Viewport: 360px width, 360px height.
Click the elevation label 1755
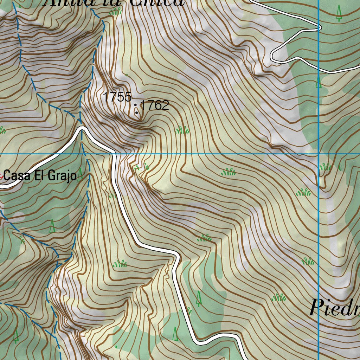click(x=117, y=97)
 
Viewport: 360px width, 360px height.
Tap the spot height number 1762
click(x=155, y=105)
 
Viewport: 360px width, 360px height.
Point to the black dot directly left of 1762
click(x=136, y=105)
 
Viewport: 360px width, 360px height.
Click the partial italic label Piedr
click(x=334, y=308)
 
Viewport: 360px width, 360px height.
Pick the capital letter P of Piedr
click(x=316, y=308)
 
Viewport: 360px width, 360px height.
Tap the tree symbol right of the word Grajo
click(x=81, y=174)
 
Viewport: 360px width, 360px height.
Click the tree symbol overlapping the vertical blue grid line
click(x=319, y=83)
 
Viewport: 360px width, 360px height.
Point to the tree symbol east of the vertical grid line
click(x=339, y=13)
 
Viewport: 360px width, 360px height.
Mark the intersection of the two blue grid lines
click(x=319, y=154)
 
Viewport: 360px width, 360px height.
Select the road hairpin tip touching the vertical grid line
click(x=319, y=27)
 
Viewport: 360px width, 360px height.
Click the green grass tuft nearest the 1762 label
click(x=182, y=130)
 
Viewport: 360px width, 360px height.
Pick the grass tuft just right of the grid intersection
click(x=325, y=167)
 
